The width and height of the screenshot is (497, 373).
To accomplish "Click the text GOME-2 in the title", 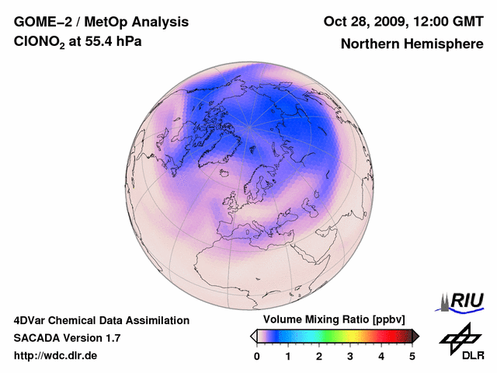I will click(x=44, y=22).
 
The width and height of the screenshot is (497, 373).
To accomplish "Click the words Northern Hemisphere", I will click(x=412, y=44).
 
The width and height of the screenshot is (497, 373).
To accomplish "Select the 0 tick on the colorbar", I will click(x=257, y=356).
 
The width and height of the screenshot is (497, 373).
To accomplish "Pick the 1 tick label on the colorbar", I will click(x=288, y=356).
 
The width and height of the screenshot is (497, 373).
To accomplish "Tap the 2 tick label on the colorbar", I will click(x=319, y=356).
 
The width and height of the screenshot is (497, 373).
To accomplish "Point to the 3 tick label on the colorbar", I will click(x=350, y=356).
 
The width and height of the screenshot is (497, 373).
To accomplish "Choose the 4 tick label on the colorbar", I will click(x=381, y=356).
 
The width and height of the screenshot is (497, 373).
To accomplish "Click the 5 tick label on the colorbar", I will click(x=412, y=356).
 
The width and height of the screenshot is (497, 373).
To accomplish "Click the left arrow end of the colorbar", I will click(x=253, y=336).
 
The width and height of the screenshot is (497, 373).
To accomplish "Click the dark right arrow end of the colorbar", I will click(x=415, y=336).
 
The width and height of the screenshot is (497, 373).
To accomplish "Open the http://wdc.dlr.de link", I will click(x=56, y=356).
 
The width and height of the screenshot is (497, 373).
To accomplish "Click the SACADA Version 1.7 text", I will click(x=67, y=338).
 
